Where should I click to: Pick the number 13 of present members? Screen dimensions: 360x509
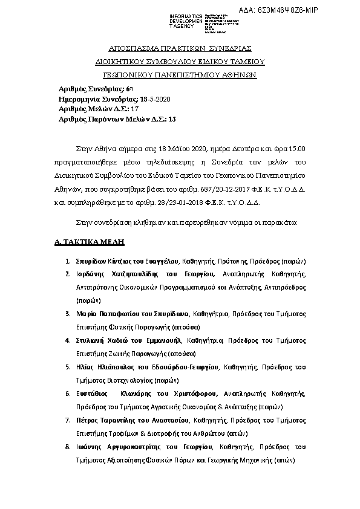[x=172, y=119]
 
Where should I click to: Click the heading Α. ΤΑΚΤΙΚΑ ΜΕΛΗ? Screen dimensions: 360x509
[x=89, y=242]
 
